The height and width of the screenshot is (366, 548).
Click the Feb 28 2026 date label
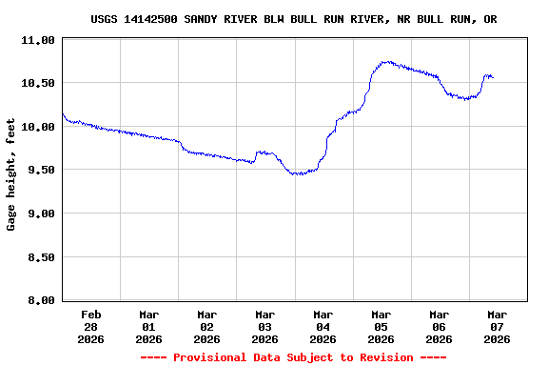click(91, 326)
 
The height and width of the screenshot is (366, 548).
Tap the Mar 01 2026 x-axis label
click(149, 326)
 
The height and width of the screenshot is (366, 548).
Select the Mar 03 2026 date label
click(265, 326)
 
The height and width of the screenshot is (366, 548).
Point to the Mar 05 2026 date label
click(381, 326)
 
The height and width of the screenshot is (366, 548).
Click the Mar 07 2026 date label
click(497, 326)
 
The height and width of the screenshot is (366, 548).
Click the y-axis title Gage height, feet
click(11, 173)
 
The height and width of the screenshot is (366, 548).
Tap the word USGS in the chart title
click(105, 19)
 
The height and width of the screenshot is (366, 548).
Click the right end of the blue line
click(493, 77)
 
